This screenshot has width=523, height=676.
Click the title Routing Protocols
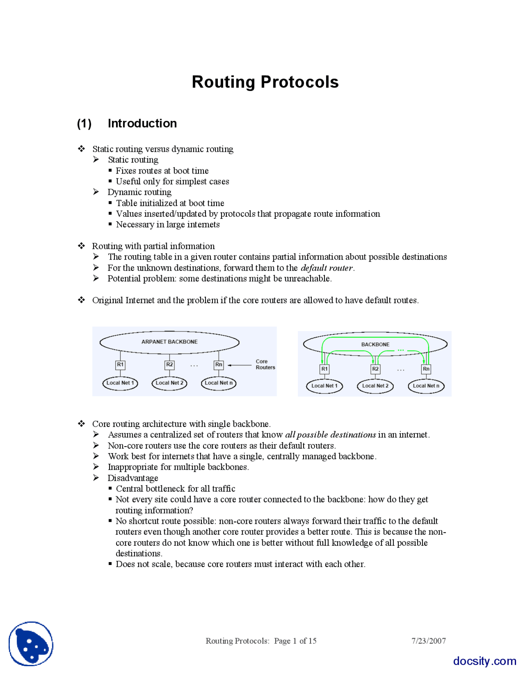[265, 82]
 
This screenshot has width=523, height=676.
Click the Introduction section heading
[142, 123]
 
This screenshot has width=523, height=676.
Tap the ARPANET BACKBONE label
[169, 342]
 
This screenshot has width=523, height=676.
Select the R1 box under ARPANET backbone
[120, 365]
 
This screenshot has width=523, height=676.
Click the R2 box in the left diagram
[169, 365]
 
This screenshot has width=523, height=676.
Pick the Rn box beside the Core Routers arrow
[219, 365]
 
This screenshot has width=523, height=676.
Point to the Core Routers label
[265, 364]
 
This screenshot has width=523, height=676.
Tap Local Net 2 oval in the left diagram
[169, 383]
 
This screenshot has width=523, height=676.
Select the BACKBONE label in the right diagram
[375, 345]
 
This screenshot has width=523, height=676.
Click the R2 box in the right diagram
[375, 369]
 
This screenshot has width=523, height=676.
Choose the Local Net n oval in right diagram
[426, 386]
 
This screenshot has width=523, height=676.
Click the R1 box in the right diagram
[324, 369]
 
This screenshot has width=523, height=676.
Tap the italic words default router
[326, 268]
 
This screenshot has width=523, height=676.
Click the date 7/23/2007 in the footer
[428, 641]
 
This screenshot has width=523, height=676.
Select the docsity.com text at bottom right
[484, 661]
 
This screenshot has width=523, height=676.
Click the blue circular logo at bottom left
[31, 644]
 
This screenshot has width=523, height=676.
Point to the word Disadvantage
[133, 478]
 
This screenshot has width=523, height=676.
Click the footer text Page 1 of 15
[295, 641]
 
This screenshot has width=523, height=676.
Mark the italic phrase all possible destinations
[330, 435]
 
